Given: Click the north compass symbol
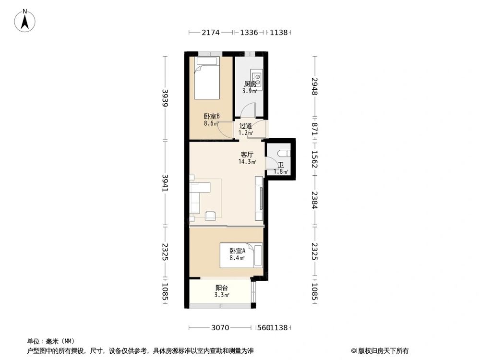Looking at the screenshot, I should point(24,20).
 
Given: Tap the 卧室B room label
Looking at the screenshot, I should point(212,116).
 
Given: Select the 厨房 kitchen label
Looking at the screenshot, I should point(250,84).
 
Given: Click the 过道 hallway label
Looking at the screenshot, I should point(246,126).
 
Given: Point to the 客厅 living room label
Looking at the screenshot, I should point(247,155).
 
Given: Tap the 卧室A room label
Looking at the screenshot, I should point(237,251).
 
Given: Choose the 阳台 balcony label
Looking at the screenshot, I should point(221,288).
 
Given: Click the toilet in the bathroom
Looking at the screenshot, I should point(283,153).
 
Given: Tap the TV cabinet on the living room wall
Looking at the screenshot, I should point(259,197).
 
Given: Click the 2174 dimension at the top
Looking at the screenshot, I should point(210,33).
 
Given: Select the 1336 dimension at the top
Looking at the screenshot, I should point(249,33).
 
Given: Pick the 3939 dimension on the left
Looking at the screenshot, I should point(165,98).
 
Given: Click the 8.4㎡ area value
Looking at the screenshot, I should point(237,258).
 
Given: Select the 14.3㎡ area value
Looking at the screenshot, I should point(247,162).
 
